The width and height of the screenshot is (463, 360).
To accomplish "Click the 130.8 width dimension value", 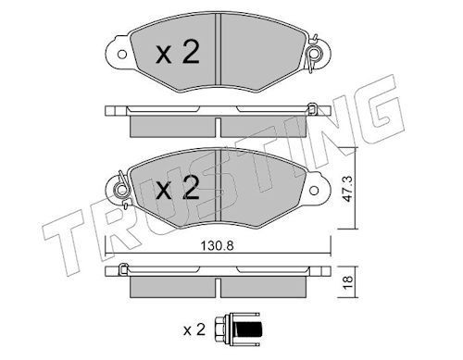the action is pos(217,246).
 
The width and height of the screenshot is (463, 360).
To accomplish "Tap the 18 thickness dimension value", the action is pos(348,281).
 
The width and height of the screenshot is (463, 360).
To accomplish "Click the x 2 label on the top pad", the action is pos(178,52).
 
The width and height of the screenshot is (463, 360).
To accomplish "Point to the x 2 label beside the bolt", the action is pos(194,329).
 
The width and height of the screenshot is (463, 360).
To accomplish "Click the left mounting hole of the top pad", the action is pos(122,55).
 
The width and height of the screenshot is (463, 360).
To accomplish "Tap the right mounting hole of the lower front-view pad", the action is pos(314,191).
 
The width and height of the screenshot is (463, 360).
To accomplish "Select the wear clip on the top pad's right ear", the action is pos(314,55).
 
